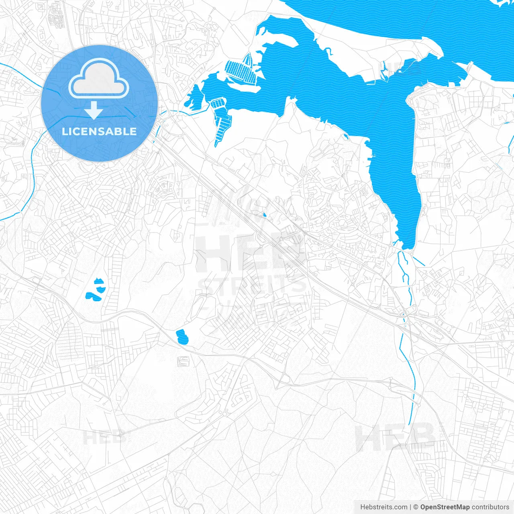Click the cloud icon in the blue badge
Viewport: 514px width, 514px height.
[x=99, y=79]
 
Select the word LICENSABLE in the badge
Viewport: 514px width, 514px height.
[x=99, y=131]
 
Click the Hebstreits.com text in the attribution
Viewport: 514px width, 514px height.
[x=383, y=507]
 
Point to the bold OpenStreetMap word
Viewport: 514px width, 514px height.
[x=445, y=507]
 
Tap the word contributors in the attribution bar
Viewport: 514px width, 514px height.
[x=490, y=507]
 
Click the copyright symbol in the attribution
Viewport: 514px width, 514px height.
[x=416, y=507]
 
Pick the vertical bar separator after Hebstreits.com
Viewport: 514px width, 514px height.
[x=411, y=507]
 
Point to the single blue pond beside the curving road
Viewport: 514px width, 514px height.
[x=182, y=337]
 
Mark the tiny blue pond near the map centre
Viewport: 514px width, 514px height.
[x=264, y=215]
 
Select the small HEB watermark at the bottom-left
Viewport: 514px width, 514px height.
[x=104, y=438]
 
